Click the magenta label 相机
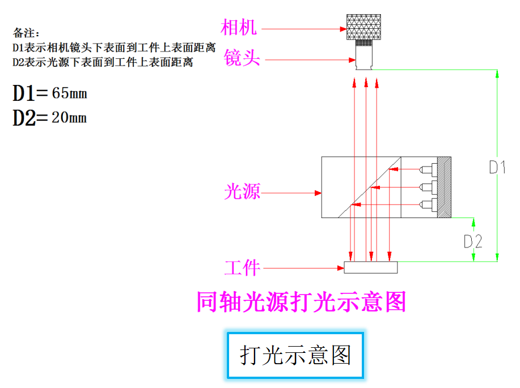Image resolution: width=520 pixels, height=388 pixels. [239, 27]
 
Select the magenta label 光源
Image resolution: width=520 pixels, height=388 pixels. [242, 192]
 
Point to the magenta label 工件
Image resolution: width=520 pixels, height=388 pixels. [242, 267]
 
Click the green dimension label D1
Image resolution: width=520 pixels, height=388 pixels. [497, 167]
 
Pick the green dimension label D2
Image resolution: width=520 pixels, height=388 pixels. [473, 241]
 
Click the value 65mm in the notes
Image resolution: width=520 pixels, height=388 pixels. [69, 93]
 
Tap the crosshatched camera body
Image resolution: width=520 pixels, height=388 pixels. [363, 27]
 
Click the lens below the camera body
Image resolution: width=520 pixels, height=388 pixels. [363, 56]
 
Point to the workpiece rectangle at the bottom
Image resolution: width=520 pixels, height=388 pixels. [371, 267]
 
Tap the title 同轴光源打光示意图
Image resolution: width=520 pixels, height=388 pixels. [301, 302]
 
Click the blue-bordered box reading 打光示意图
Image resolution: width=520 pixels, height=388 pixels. [295, 355]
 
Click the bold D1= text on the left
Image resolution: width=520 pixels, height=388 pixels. [31, 93]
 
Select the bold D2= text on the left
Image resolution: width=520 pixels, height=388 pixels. [31, 118]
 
